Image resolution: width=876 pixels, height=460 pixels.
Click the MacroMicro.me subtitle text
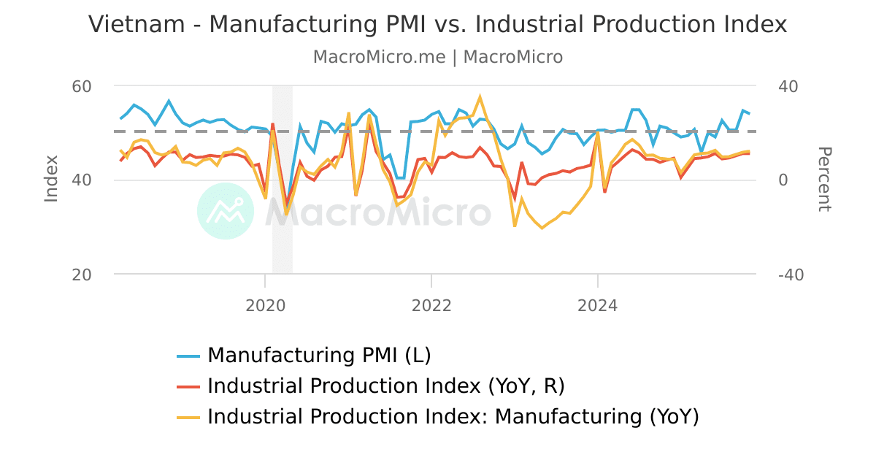(x=379, y=57)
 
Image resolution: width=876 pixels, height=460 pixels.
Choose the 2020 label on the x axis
(x=264, y=305)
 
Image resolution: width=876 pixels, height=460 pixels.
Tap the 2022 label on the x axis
(x=431, y=305)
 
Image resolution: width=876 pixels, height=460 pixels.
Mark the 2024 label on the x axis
(x=598, y=305)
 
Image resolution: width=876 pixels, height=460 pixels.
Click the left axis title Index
(x=51, y=179)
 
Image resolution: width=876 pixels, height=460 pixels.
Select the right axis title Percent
(x=824, y=179)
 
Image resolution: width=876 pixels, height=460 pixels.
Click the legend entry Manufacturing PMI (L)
(x=319, y=356)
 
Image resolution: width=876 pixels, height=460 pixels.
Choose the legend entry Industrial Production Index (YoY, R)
(x=386, y=386)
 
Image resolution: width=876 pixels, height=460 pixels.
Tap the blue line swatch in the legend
(x=188, y=356)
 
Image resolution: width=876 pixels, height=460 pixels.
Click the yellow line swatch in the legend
(x=188, y=418)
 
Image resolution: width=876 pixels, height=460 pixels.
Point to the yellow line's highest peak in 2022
(x=480, y=96)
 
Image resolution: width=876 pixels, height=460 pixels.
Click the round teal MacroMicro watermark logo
(x=226, y=211)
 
